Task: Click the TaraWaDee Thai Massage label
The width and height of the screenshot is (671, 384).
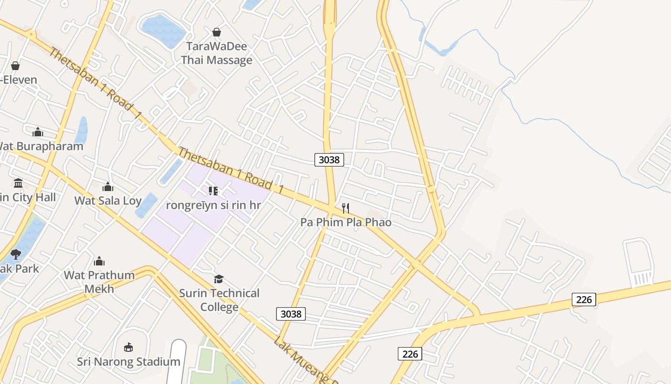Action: click(216, 53)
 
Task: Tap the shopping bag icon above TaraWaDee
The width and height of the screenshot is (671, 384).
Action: click(217, 32)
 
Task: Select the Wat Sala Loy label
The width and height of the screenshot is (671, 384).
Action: click(108, 201)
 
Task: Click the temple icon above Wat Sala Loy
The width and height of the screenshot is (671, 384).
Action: click(108, 186)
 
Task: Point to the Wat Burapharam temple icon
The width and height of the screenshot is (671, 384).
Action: click(38, 132)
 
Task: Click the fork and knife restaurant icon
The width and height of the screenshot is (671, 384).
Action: click(346, 208)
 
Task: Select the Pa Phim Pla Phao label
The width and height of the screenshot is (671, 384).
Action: click(346, 222)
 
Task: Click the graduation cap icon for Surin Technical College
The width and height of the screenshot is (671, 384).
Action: click(219, 279)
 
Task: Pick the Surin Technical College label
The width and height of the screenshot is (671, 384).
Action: click(219, 300)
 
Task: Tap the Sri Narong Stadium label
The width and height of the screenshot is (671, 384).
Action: click(128, 361)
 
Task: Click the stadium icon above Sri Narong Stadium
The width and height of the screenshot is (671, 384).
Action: click(128, 347)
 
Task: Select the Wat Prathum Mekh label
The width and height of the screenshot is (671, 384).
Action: click(99, 282)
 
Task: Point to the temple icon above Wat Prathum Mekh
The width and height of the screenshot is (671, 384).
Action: click(99, 261)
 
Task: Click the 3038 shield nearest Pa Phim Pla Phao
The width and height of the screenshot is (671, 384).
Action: click(329, 159)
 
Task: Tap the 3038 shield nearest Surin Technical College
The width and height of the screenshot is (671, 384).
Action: click(291, 314)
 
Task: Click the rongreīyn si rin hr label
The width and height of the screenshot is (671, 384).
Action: click(213, 205)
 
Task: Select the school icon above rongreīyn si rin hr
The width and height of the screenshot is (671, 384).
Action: click(213, 191)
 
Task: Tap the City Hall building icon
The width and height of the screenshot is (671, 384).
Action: click(18, 183)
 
